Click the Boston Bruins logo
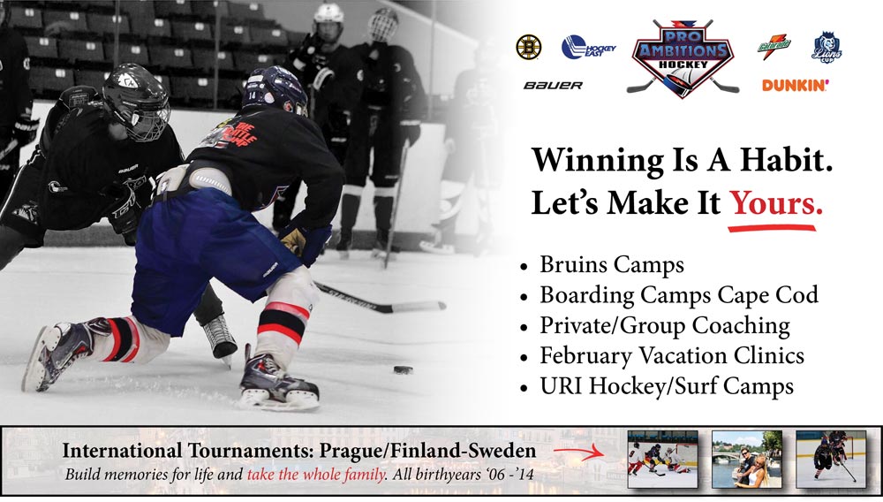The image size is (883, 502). pos(528,47)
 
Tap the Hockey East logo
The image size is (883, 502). pos(588,48)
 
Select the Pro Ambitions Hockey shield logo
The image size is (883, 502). pos(683,58)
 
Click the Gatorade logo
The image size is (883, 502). pos(774,46)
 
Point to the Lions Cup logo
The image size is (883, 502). pos(826,48)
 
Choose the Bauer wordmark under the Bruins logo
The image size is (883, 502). pos(553,86)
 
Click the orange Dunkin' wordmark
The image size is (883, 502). pos(796,85)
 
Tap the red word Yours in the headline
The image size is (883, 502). pos(776,202)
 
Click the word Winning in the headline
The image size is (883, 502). pos(598,161)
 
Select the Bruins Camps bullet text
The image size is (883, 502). pos(612,265)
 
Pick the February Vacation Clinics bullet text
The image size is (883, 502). pos(672,356)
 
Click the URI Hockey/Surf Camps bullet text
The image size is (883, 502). pos(667,386)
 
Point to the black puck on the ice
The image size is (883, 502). pos(404,370)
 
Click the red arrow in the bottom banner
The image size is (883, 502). pos(578,452)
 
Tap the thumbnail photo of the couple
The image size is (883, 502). pos(747,460)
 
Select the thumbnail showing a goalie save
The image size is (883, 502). pos(663,460)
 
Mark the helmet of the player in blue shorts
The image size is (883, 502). pos(275,90)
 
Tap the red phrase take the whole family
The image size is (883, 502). pos(317,475)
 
